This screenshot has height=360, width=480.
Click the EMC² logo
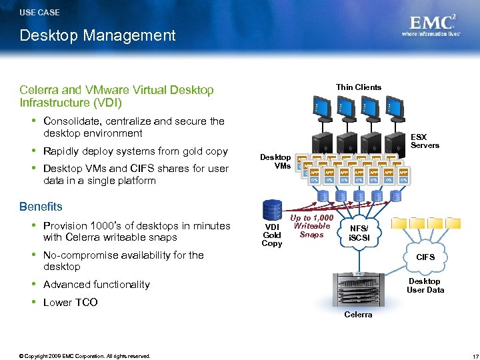point(432,25)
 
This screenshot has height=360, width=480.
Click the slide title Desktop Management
point(97,35)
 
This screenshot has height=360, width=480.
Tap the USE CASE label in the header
point(39,12)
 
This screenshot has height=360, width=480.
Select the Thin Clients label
point(359,87)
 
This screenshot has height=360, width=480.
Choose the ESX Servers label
point(425,141)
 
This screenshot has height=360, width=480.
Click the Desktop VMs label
point(275,161)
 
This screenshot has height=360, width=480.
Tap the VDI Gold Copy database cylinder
point(272,208)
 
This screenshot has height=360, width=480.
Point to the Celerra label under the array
point(358,314)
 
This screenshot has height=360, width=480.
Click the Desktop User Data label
point(425,285)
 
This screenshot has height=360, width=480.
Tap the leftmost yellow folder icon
point(399,225)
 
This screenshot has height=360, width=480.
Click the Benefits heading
point(41,207)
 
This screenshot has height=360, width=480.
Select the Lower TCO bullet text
point(70,302)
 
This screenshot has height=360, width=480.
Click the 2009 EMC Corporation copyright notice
point(85,356)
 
